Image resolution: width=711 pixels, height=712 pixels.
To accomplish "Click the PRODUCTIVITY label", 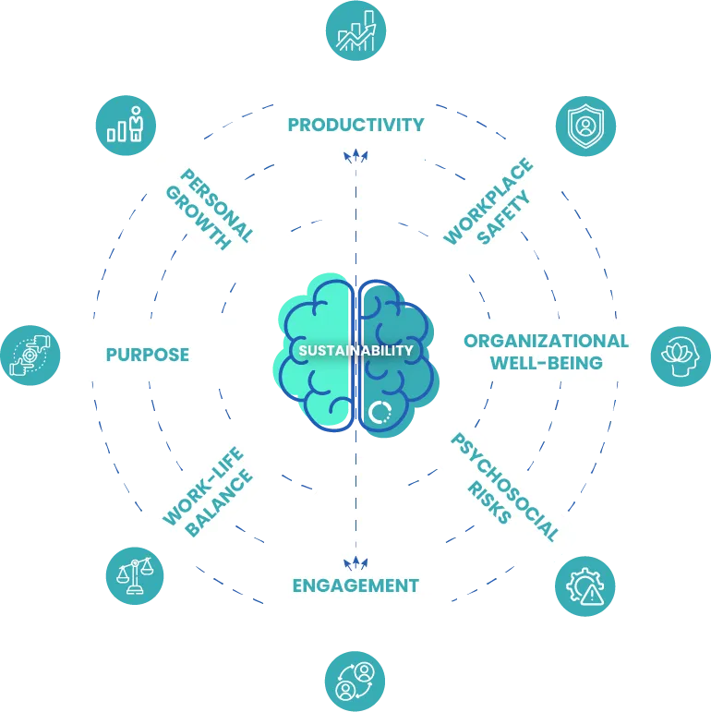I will [x=355, y=125].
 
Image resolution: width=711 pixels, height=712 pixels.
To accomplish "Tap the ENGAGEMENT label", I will [x=355, y=585].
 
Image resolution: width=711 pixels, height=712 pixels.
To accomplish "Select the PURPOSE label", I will [x=148, y=355].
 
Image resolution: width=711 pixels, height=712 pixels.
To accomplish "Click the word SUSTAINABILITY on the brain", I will [x=355, y=351].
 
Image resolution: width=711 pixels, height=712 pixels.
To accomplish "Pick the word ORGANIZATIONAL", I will [x=547, y=342].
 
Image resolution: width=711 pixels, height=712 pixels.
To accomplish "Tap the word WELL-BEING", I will [x=547, y=363].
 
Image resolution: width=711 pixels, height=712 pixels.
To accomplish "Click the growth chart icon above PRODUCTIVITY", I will [x=355, y=31].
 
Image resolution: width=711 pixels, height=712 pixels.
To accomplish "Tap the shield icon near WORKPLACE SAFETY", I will [x=584, y=126].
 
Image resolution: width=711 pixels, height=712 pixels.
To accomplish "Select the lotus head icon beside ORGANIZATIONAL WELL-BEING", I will [x=681, y=355].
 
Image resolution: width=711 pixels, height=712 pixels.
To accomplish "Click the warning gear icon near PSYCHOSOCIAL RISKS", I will [x=584, y=585].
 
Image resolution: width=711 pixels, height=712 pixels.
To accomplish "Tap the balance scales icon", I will [x=134, y=576].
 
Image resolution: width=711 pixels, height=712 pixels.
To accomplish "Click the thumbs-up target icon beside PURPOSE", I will [x=30, y=355].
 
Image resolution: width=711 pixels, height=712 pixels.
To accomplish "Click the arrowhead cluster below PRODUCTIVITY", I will [x=355, y=156].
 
